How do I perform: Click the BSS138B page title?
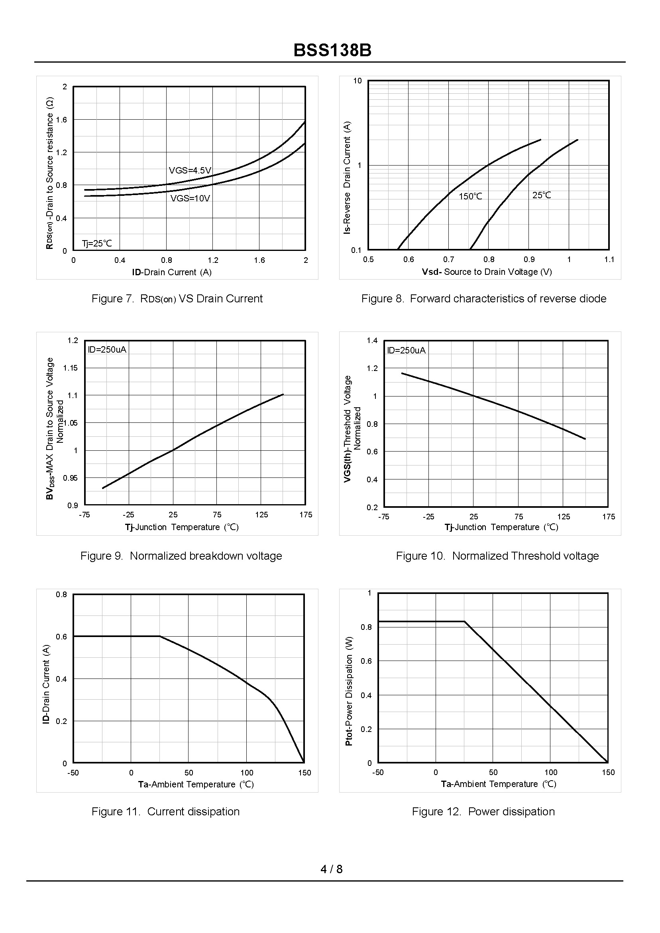click(x=332, y=51)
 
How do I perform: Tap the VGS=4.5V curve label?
click(x=190, y=170)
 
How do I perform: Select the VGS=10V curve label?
click(x=190, y=199)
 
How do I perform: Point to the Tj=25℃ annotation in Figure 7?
click(x=97, y=244)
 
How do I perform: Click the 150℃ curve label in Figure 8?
click(x=470, y=196)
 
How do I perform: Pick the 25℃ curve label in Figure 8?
click(x=541, y=195)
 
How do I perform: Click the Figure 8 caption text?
click(x=483, y=298)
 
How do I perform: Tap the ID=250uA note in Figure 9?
click(x=107, y=350)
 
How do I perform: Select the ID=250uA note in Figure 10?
click(x=406, y=351)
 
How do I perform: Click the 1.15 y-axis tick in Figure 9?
click(x=70, y=368)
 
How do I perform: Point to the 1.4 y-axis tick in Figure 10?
click(x=372, y=340)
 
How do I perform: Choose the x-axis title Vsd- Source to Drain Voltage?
click(x=487, y=272)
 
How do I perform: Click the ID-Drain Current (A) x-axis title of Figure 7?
click(x=171, y=272)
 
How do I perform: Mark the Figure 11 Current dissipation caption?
click(x=165, y=811)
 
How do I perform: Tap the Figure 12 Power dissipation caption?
click(x=483, y=811)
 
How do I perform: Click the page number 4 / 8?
click(x=331, y=869)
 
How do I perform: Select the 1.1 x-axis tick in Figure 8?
click(x=609, y=260)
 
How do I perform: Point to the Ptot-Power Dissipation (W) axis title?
click(x=349, y=691)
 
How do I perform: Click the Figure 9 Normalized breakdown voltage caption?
click(x=181, y=556)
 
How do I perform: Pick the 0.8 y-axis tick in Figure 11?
click(x=61, y=595)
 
